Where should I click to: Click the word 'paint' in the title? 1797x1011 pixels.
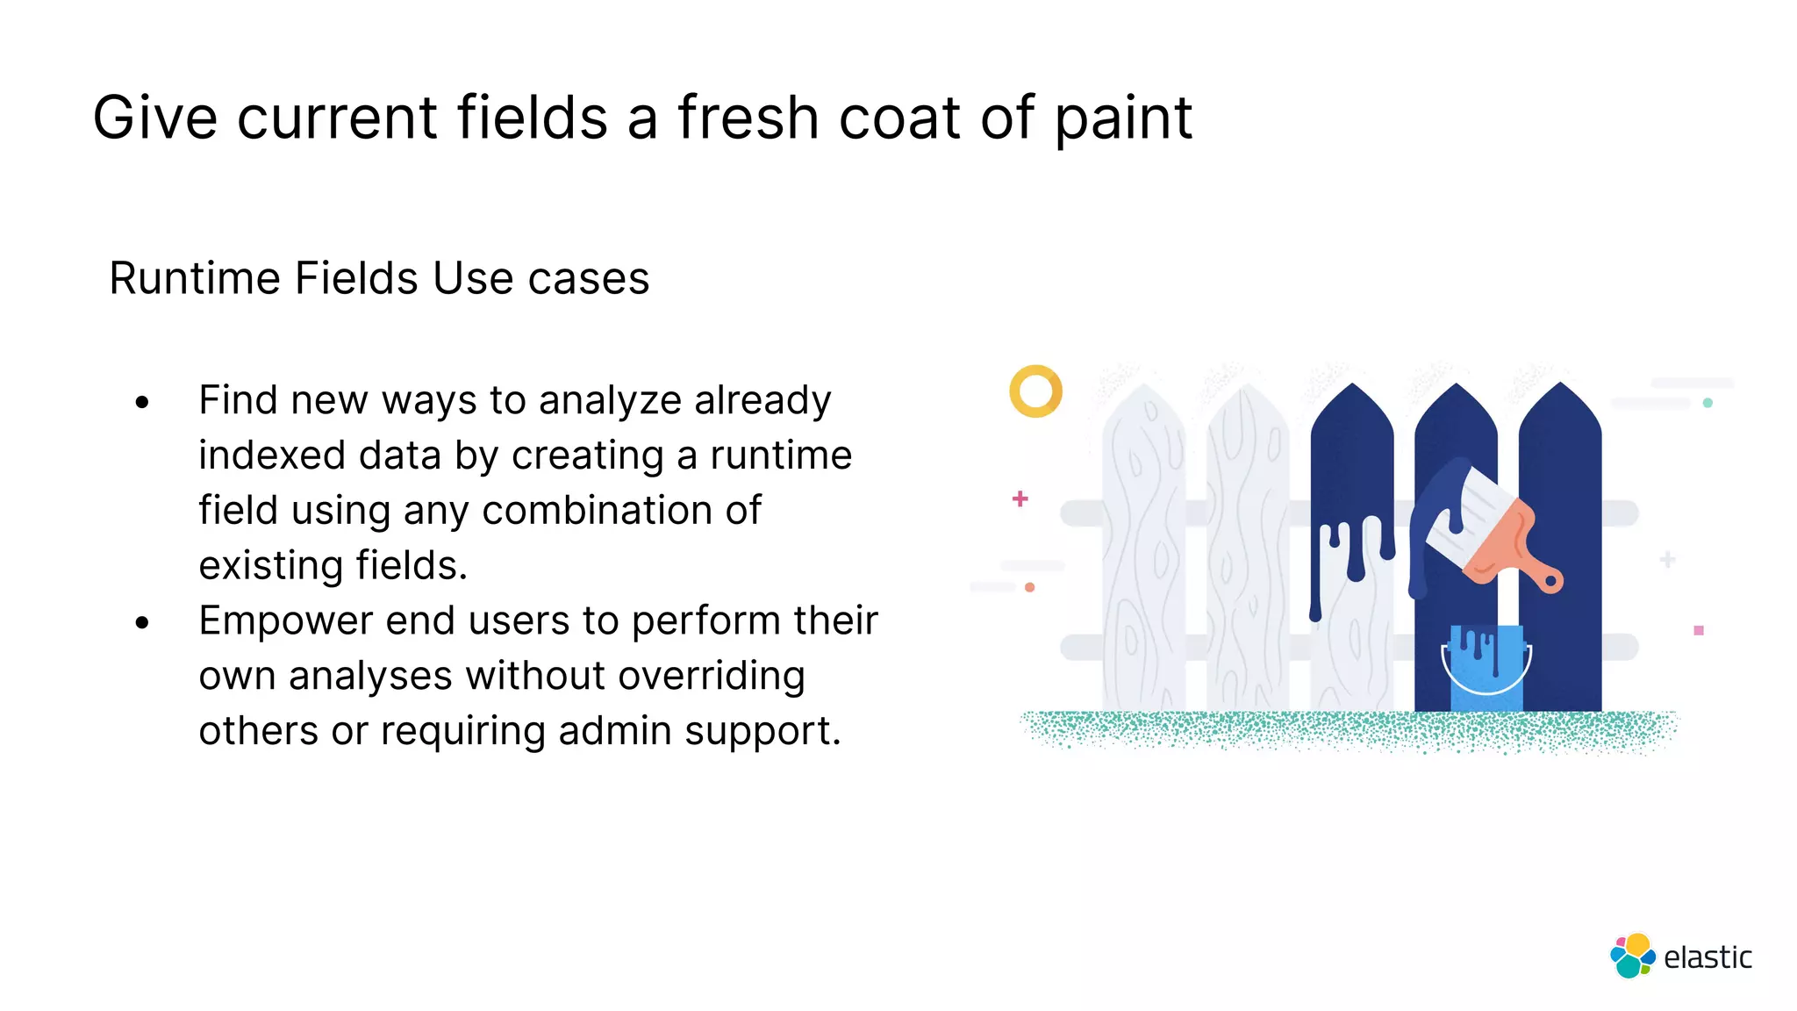[1123, 118]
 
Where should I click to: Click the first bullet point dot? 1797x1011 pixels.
[143, 404]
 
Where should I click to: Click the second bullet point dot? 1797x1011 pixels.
[143, 623]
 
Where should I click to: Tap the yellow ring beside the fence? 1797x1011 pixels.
[1035, 391]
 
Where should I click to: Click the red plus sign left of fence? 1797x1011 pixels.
[1020, 498]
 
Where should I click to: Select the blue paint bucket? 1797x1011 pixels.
[1486, 668]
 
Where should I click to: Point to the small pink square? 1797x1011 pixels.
[1699, 630]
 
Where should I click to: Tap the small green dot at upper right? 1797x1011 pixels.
[1708, 403]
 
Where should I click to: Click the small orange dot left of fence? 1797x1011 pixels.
[1030, 587]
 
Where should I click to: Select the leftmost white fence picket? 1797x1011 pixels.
[1143, 553]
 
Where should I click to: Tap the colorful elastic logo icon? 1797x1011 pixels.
[1632, 956]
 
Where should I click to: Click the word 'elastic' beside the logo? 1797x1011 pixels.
[1708, 957]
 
